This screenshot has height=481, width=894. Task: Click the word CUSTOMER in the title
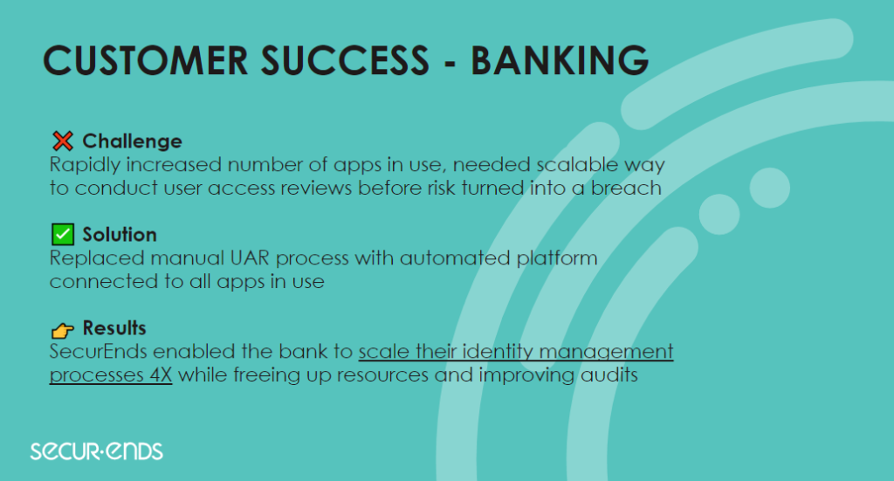[x=146, y=60]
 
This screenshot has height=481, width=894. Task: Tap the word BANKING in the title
[x=560, y=60]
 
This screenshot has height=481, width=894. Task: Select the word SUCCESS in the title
[x=345, y=60]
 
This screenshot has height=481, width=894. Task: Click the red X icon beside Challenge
[x=63, y=141]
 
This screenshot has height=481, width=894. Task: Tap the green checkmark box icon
[x=63, y=234]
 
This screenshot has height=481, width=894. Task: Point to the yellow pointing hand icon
[x=63, y=329]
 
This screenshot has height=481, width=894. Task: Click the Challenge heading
[x=133, y=141]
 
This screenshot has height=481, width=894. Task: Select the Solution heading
[x=120, y=234]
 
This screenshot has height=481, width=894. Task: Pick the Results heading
[x=114, y=327]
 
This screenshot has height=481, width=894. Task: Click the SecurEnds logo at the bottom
[x=96, y=450]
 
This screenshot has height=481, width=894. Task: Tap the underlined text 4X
[x=161, y=375]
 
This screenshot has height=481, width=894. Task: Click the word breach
[x=626, y=188]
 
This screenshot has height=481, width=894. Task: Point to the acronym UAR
[x=250, y=258]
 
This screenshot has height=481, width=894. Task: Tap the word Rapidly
[x=85, y=165]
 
